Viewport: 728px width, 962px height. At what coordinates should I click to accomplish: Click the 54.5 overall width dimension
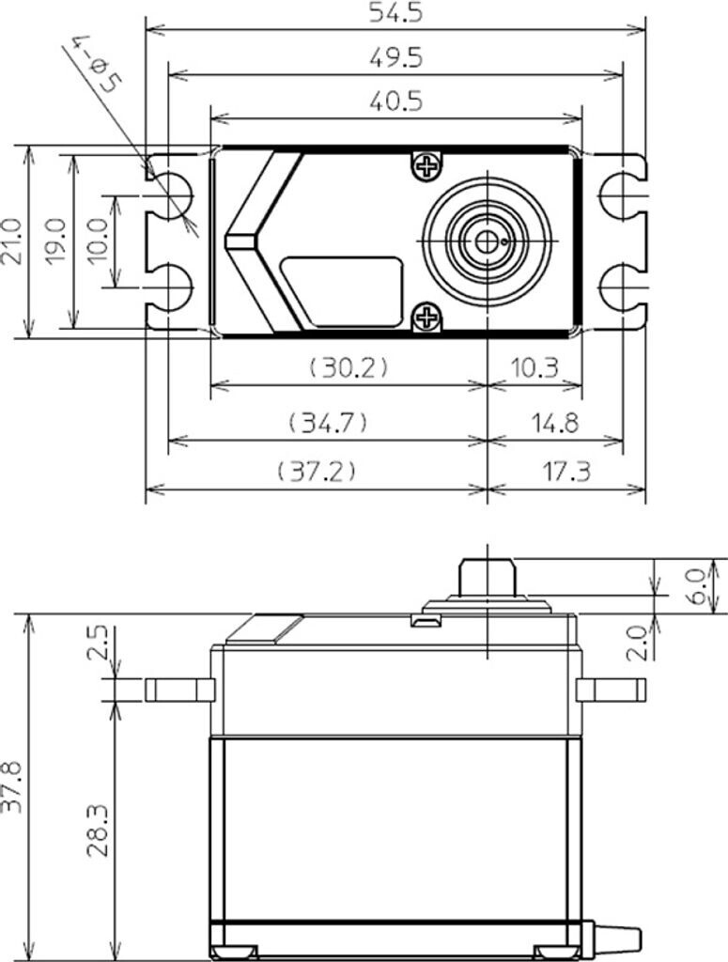point(396,13)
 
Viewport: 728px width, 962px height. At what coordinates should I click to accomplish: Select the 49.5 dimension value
point(396,56)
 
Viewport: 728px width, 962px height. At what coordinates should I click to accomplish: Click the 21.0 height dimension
point(12,241)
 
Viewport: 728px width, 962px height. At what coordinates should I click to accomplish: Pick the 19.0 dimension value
point(54,241)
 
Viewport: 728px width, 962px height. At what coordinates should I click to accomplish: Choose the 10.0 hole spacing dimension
point(98,241)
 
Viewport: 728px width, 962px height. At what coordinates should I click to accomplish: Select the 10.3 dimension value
point(534,366)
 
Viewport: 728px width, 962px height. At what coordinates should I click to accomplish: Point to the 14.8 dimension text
point(553,423)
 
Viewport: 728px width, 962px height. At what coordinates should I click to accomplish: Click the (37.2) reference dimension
point(317,471)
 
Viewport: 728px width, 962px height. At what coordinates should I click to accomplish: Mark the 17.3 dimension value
point(565,471)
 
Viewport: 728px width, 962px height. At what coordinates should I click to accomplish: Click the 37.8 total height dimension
point(12,790)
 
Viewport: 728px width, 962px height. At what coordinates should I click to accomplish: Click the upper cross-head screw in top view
point(426,167)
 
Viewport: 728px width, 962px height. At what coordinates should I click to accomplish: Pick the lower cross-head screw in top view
point(426,318)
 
